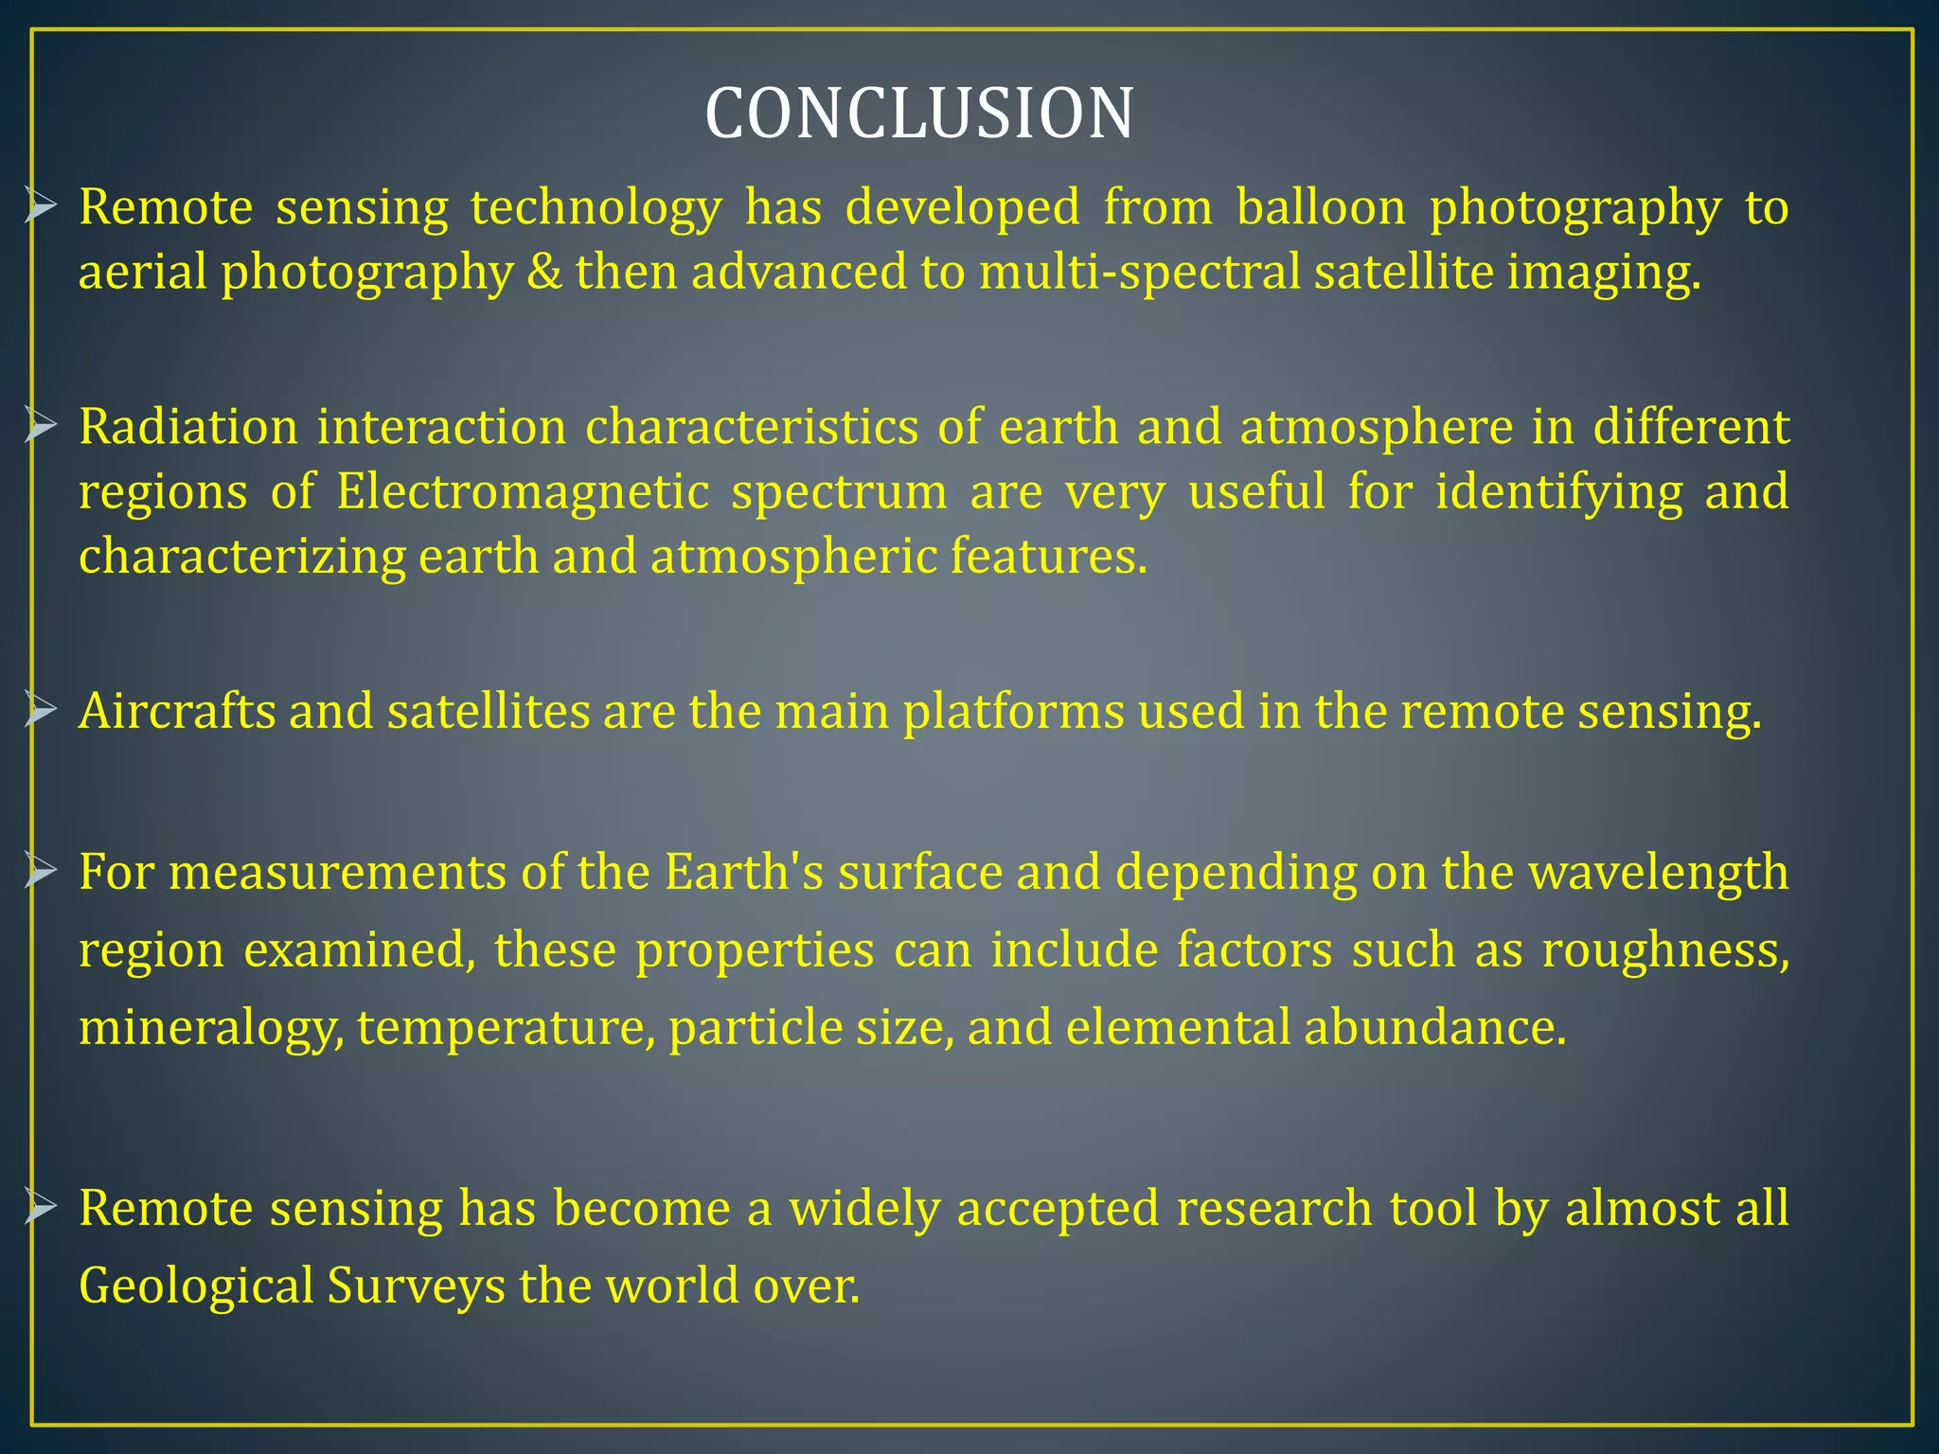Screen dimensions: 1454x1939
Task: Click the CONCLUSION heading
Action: point(918,114)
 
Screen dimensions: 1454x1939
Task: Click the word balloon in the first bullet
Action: point(1321,207)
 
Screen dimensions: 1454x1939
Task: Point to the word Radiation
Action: point(187,427)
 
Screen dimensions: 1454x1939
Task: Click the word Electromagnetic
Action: point(522,492)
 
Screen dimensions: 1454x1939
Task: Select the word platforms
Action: point(1013,711)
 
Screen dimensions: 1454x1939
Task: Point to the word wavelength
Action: point(1659,872)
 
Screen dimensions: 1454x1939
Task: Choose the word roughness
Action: point(1665,949)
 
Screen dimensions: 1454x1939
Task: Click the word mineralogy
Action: point(210,1028)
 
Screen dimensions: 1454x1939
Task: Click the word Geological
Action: point(196,1286)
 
